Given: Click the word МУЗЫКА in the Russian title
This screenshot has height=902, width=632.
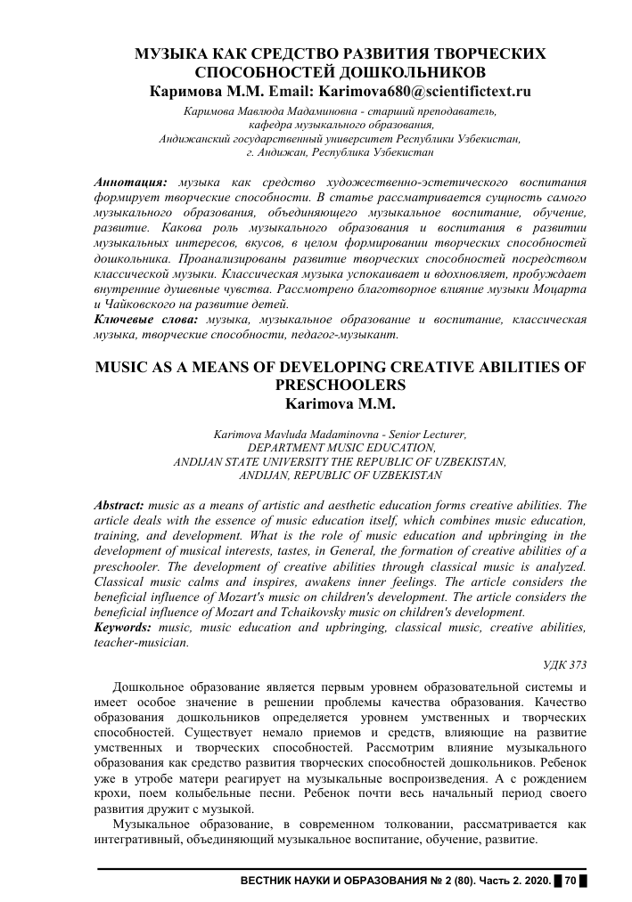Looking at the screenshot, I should (x=167, y=54).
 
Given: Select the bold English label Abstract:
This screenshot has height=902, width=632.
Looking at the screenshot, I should (x=120, y=504).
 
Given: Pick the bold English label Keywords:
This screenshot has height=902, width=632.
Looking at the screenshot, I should (x=124, y=627).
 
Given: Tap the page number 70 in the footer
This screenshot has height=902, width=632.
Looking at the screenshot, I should (x=570, y=881).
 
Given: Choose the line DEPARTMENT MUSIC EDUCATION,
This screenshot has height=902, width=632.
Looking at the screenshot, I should (x=341, y=448).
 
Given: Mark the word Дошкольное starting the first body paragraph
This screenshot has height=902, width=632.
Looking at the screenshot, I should (x=153, y=687).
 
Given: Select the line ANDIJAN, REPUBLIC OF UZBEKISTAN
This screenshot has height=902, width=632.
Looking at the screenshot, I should (x=341, y=476).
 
